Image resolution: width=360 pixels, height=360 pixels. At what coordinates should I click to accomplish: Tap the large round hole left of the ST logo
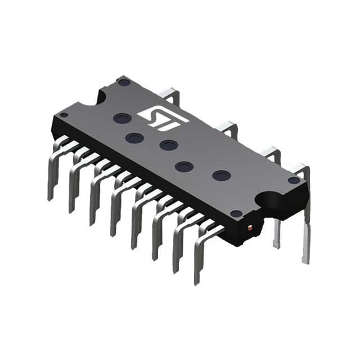click(122, 119)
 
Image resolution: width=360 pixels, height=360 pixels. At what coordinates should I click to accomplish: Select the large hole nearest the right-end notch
click(221, 175)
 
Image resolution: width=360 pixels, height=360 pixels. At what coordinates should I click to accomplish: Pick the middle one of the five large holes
click(168, 145)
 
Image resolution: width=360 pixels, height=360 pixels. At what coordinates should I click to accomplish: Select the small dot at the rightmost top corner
click(294, 180)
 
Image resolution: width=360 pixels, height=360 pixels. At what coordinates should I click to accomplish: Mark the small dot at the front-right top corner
click(237, 213)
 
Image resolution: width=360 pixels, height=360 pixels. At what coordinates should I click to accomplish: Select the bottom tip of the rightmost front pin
click(197, 281)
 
